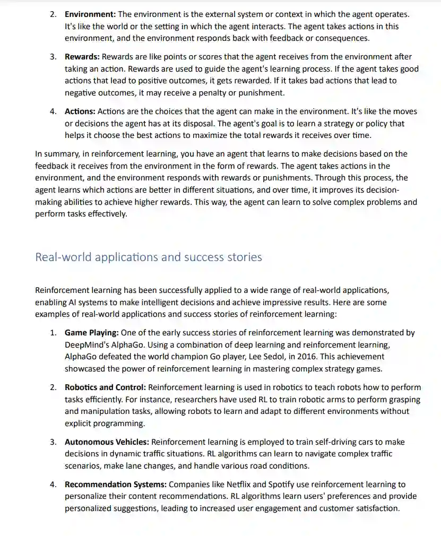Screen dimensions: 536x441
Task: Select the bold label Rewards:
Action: click(x=82, y=57)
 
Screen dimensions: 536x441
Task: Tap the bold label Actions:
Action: click(x=80, y=111)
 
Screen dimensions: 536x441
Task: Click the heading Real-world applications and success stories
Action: click(x=149, y=257)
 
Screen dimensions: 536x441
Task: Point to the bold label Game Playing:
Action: click(x=92, y=333)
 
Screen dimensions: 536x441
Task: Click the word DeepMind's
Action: click(x=85, y=345)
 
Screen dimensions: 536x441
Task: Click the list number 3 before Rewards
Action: click(x=53, y=57)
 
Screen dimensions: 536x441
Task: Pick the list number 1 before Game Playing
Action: click(x=53, y=333)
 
